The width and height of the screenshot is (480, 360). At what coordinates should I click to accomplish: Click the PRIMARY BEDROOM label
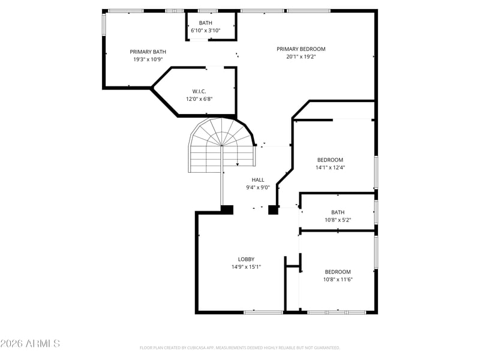(x=301, y=49)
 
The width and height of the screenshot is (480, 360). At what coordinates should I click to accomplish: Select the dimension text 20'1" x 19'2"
(x=301, y=56)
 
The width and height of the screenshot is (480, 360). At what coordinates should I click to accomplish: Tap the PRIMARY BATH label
(x=148, y=52)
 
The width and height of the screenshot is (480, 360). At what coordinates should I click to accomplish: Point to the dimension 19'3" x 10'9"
(x=148, y=59)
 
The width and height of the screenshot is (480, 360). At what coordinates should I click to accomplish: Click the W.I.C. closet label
(x=199, y=91)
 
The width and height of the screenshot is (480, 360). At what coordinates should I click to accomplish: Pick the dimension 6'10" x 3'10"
(x=206, y=31)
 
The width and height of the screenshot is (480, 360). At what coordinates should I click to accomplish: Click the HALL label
(x=258, y=179)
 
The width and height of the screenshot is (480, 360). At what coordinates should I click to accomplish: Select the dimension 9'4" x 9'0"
(x=258, y=187)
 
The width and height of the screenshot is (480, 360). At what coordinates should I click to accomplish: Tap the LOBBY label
(x=247, y=259)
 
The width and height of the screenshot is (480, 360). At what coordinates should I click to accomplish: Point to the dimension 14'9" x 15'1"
(x=246, y=267)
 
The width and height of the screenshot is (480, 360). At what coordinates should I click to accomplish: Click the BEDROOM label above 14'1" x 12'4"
(x=331, y=160)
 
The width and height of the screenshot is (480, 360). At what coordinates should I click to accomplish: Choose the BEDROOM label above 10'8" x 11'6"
(x=338, y=272)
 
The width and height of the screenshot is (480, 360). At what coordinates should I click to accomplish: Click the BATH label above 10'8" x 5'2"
(x=338, y=212)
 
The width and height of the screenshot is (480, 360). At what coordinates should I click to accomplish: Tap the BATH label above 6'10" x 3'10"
(x=206, y=23)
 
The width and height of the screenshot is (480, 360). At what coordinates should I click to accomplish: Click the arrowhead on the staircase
(x=238, y=164)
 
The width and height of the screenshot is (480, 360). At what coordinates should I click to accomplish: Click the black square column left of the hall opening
(x=227, y=209)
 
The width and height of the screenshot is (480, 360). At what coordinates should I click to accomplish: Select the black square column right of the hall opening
(x=273, y=209)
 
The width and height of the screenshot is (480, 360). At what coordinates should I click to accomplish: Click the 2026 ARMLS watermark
(x=30, y=343)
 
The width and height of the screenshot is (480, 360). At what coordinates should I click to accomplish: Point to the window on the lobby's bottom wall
(x=263, y=312)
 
